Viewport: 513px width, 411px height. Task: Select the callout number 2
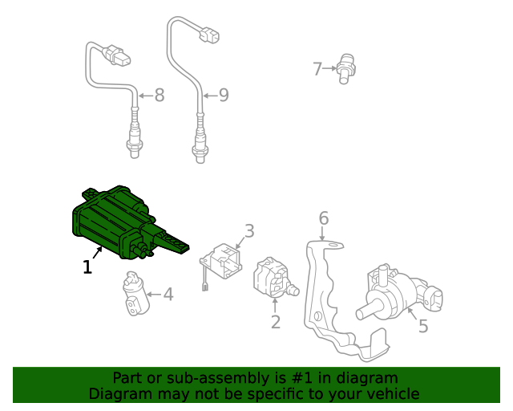click(x=275, y=322)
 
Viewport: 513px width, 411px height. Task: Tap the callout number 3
click(x=249, y=231)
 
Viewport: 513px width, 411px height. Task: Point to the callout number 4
click(x=168, y=295)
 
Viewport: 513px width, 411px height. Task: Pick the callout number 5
click(x=422, y=326)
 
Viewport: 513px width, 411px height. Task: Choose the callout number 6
click(x=324, y=218)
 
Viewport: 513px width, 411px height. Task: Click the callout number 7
click(x=317, y=69)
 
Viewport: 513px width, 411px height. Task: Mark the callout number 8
click(x=159, y=96)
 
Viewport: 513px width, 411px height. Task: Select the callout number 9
click(x=223, y=96)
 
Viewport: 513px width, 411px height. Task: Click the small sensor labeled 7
click(x=345, y=67)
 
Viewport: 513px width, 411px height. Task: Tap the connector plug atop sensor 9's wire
click(x=211, y=35)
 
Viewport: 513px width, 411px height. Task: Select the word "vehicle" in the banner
click(x=391, y=393)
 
